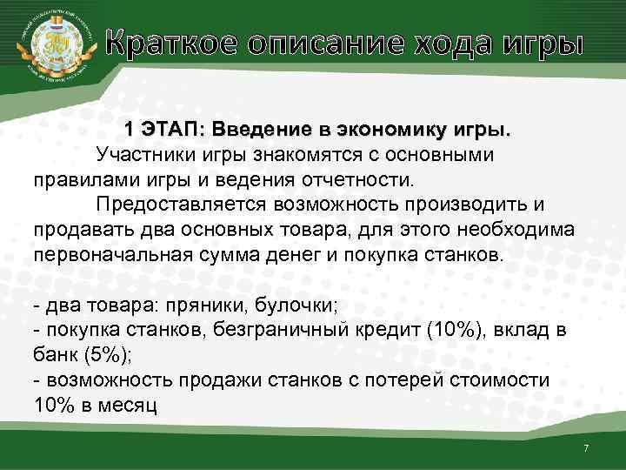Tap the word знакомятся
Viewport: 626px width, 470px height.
tap(287, 156)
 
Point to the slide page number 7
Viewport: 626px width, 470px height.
tap(586, 447)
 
